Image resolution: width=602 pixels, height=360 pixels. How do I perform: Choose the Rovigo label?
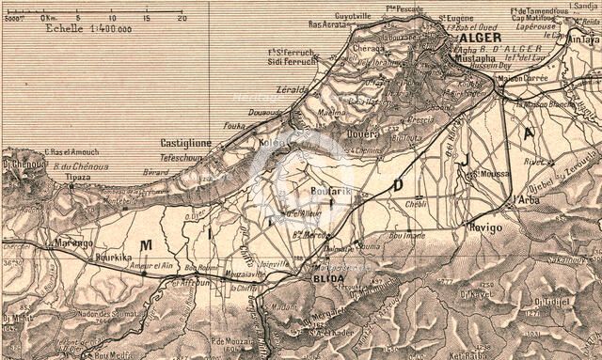tap(485, 227)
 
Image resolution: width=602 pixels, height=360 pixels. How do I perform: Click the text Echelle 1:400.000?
tap(88, 28)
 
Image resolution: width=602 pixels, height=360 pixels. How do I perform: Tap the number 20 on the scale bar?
tap(181, 17)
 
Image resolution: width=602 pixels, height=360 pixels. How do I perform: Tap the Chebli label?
tap(415, 202)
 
